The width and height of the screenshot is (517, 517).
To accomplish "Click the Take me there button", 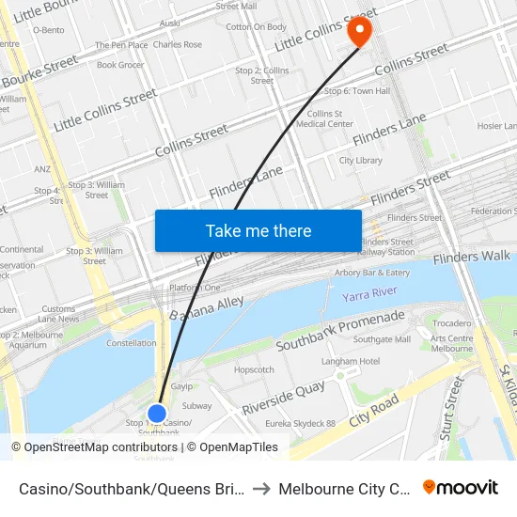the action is coord(258,230).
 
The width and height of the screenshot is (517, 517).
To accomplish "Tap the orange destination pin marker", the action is coord(359,31).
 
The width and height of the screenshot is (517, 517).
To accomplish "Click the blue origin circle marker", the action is coord(157,414).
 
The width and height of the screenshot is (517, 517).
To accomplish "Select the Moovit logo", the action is coord(461,488).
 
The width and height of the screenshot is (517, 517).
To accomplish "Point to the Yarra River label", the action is coord(368,295).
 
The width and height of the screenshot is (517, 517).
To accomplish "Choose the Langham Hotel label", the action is coord(350,361).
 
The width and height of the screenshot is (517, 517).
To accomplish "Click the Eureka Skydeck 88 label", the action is coord(300,424).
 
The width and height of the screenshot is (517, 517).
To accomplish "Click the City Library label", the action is coord(361,161).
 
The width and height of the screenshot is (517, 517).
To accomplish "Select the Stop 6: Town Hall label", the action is coord(356,91).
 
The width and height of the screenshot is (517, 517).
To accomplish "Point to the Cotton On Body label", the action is coord(257,27).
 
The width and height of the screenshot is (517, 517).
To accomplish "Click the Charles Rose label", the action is coord(177,44).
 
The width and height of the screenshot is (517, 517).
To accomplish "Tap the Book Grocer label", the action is coord(120,65).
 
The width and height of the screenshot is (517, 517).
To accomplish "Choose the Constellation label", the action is coord(132,343).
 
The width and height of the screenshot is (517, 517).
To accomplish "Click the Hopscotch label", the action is coord(254,369).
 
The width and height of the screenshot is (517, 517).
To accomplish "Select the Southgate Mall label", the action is coord(382,339).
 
